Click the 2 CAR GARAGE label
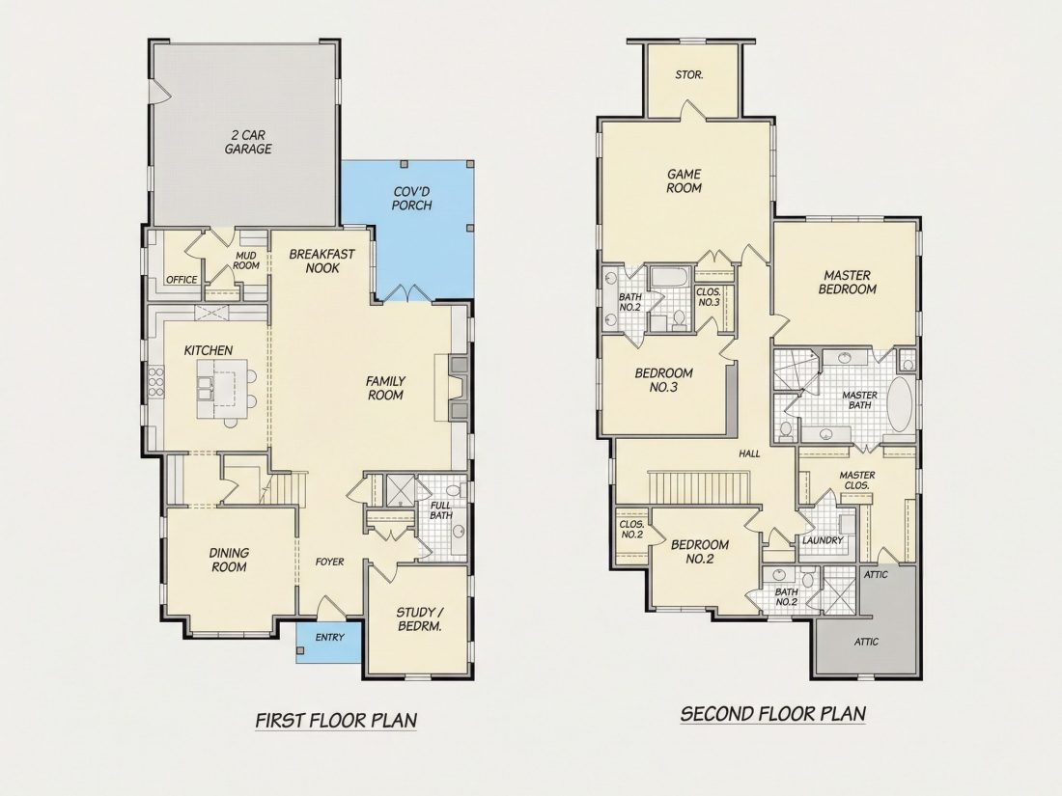pos(248,142)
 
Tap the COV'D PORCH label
pos(412,199)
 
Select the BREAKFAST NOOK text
pos(321,261)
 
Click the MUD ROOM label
pos(246,261)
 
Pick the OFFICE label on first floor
pos(182,280)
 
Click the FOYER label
pos(330,562)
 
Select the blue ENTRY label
pos(330,637)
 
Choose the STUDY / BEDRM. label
pos(420,620)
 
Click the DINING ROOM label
pos(229,561)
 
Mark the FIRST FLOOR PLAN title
pos(336,721)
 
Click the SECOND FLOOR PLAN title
pos(773,714)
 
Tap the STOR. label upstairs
pos(689,75)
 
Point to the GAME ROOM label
pos(685,181)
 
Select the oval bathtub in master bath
pos(900,404)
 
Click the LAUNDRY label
pos(823,540)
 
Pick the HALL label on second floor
pos(750,453)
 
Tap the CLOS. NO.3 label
pos(709,297)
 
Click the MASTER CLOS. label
pos(857,480)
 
